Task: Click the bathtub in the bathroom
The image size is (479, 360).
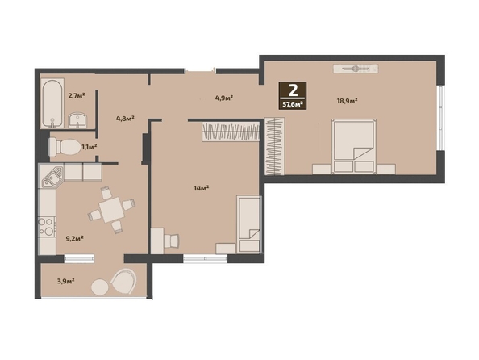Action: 52,103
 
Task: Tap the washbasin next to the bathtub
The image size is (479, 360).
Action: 77,120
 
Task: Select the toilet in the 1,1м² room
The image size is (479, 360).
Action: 65,147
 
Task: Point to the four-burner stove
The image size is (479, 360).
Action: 47,227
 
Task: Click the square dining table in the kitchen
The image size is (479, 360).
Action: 111,210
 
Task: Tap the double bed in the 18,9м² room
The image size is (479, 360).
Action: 354,147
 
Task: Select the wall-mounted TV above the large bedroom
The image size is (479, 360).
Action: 356,69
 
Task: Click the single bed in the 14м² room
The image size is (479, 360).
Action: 249,224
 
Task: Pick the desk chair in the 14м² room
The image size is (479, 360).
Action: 171,241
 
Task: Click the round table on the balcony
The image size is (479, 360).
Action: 100,287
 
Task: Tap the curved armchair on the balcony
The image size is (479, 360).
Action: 123,282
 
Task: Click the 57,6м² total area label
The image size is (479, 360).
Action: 293,104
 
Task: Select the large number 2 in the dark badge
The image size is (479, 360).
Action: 294,90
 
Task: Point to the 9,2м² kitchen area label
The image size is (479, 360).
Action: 75,238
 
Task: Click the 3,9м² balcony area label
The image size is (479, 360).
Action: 66,281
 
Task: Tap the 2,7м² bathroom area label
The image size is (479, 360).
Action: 77,95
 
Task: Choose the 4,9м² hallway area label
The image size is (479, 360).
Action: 224,98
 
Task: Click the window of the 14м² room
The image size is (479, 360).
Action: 206,259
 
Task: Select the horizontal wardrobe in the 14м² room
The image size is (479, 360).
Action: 231,132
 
